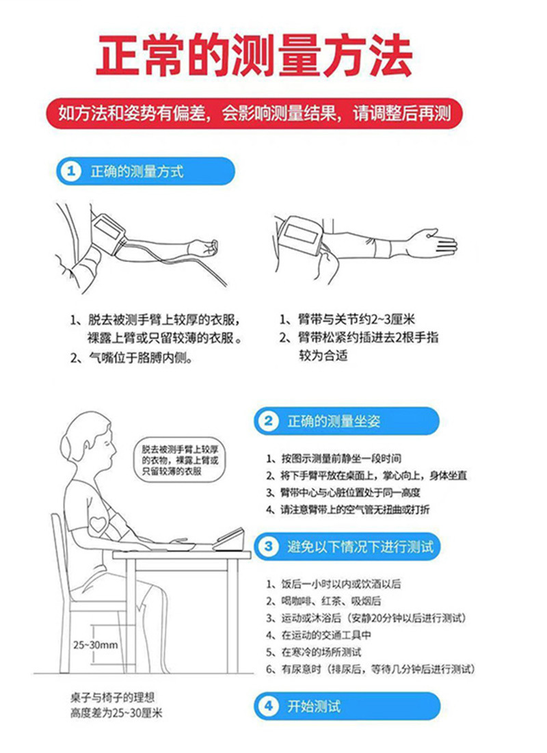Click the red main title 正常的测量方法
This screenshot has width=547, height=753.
254,55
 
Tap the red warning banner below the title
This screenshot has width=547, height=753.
254,114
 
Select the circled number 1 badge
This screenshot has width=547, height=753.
71,171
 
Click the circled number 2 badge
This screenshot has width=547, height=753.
269,421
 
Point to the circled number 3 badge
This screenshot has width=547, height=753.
269,546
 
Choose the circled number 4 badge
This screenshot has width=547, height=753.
269,706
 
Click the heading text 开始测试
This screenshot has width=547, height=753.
314,706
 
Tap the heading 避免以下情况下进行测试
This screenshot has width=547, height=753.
360,546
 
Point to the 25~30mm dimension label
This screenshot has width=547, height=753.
96,645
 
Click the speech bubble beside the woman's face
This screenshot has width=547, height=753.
180,460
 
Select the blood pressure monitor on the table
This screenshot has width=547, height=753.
230,539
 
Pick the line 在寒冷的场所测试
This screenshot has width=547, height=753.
314,652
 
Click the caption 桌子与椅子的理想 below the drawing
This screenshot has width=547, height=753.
112,698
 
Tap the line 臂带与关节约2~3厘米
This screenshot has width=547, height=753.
347,319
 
